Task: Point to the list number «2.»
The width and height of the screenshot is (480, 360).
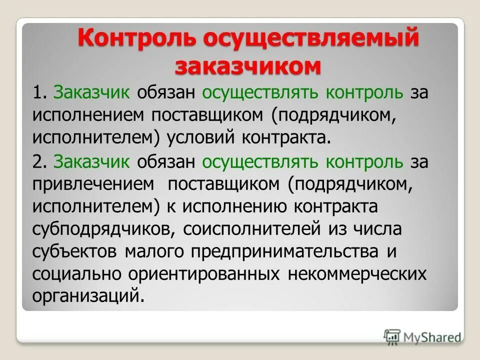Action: coord(41,162)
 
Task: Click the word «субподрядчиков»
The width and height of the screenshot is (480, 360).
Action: coord(103,230)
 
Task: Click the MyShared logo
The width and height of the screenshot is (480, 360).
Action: coord(423,336)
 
